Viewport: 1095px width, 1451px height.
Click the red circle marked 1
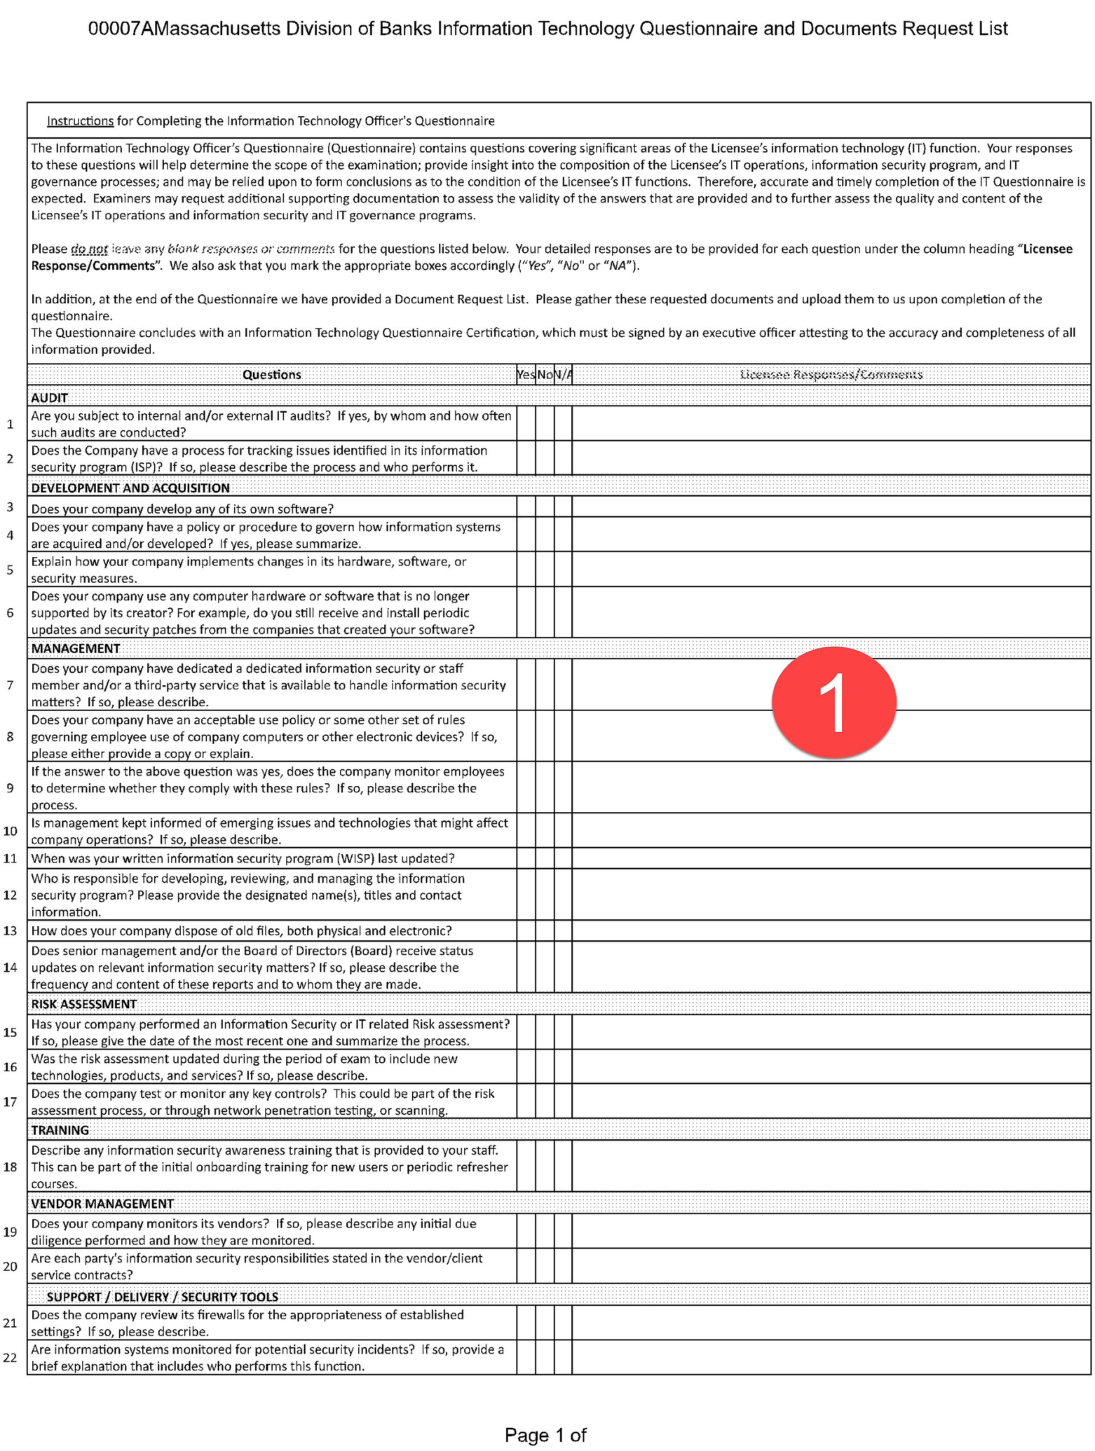click(833, 702)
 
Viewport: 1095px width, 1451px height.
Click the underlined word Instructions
click(80, 121)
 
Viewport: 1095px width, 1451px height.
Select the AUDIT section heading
click(50, 397)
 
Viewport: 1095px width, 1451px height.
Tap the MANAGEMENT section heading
click(75, 648)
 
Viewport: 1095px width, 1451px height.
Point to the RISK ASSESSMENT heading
click(84, 1004)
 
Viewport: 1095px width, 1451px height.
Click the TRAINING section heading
click(60, 1130)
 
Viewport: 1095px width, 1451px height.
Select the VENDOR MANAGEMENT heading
click(103, 1203)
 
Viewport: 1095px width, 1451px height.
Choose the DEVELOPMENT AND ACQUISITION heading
click(130, 487)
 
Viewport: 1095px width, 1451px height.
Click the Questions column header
click(271, 375)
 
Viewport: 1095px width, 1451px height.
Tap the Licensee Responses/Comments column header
click(831, 375)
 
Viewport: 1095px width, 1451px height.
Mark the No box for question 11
click(545, 858)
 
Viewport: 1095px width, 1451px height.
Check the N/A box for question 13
click(563, 930)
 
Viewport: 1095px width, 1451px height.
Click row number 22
click(10, 1357)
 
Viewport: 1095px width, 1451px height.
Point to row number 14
click(10, 967)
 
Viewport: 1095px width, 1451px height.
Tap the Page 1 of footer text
click(545, 1435)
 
